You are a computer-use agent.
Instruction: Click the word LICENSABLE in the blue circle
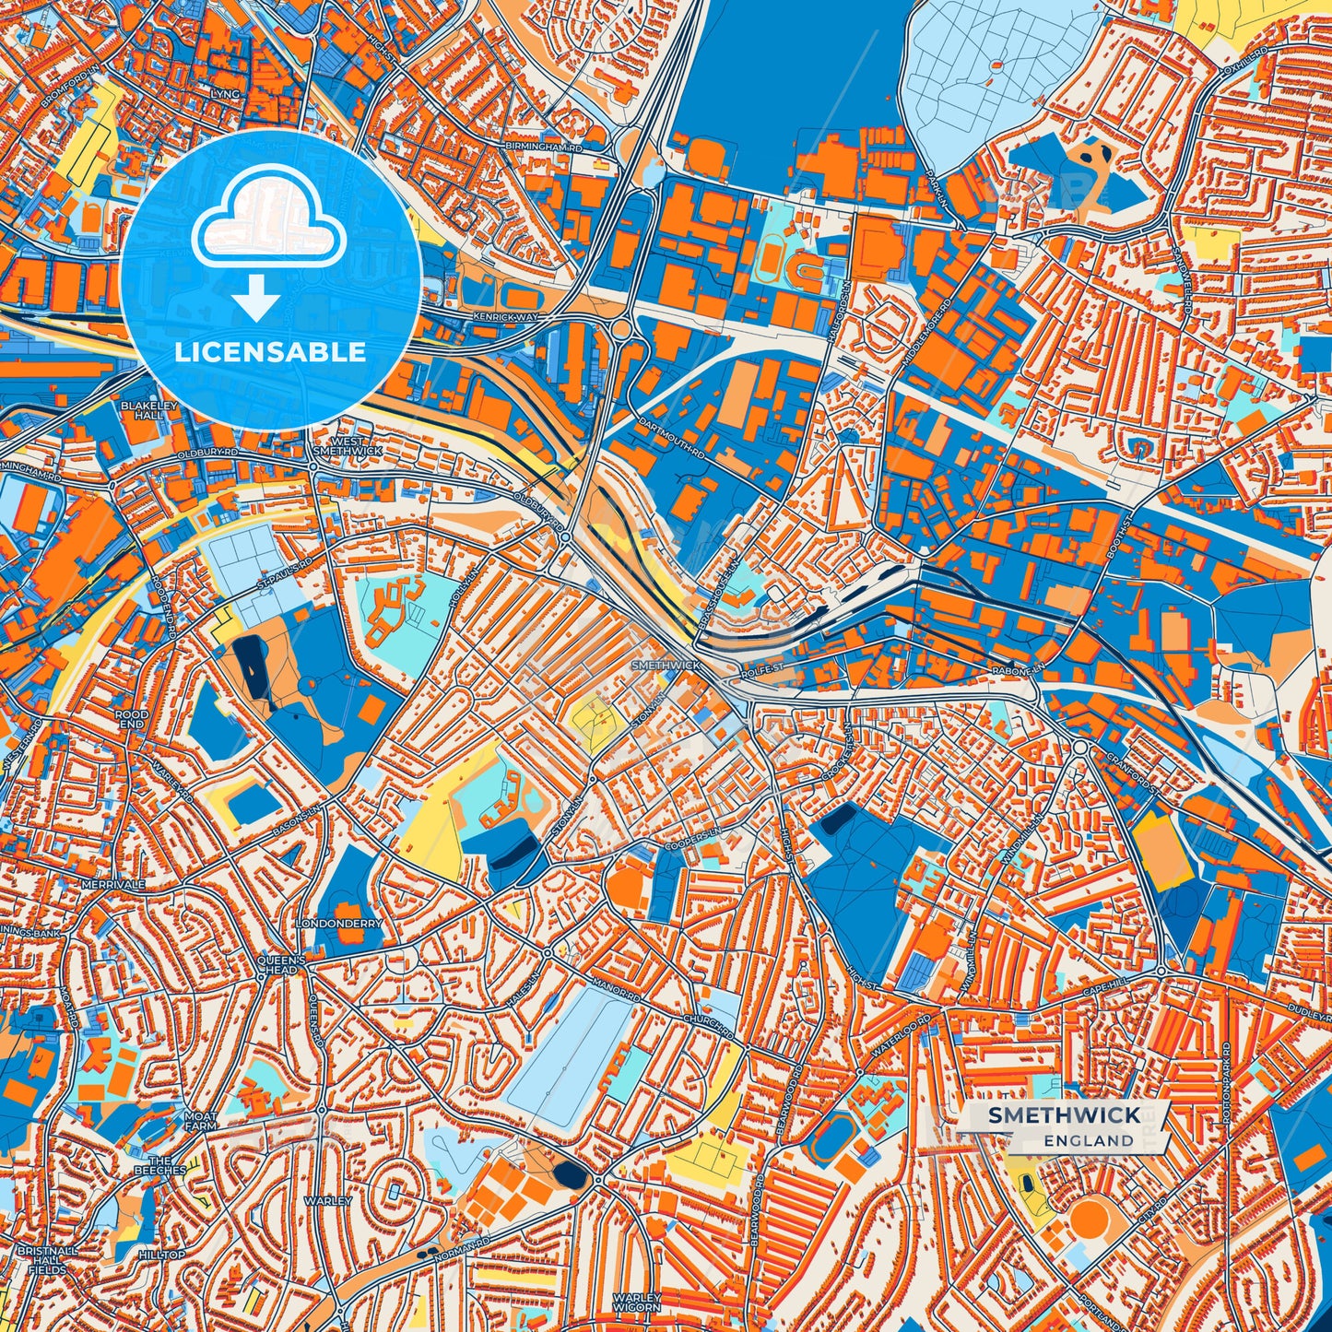point(271,352)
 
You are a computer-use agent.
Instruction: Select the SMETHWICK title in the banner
point(1064,1115)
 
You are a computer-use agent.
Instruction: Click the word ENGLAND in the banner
point(1089,1140)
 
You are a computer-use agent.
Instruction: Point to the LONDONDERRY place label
point(338,923)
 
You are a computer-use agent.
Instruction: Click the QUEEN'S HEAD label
point(277,964)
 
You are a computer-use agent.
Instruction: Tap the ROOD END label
point(132,719)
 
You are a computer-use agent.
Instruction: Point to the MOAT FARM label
point(200,1121)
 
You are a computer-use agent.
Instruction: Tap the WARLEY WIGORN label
point(636,1302)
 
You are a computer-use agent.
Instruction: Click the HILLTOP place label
point(161,1255)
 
